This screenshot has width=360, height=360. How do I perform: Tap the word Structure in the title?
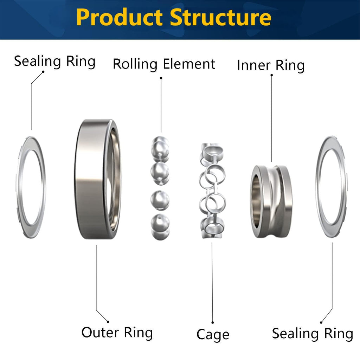(221, 17)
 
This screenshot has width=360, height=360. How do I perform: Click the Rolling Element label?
(164, 64)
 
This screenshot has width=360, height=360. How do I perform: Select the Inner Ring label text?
(271, 65)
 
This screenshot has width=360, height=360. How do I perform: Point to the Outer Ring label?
(117, 333)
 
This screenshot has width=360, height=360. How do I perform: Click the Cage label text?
(213, 335)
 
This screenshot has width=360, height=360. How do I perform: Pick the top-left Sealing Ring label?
(54, 62)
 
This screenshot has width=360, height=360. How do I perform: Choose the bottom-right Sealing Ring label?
(313, 334)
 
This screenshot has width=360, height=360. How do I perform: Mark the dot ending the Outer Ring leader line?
(108, 322)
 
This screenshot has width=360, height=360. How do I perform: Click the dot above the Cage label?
(213, 323)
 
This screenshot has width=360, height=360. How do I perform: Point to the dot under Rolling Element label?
(161, 78)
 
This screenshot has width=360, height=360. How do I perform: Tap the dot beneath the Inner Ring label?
(272, 75)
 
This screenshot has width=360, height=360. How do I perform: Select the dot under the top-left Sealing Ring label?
(43, 72)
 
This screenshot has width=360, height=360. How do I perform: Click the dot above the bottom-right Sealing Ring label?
(321, 323)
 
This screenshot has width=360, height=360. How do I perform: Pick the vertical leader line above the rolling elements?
(161, 105)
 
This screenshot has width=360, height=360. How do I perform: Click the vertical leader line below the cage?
(212, 282)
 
